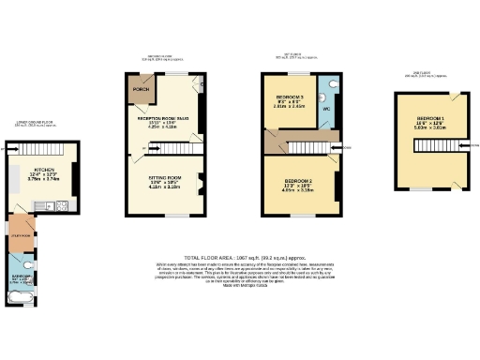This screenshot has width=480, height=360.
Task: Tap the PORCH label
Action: (x=141, y=90)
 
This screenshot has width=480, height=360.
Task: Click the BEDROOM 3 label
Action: (x=290, y=97)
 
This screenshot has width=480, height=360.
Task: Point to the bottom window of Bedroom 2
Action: (x=298, y=215)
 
